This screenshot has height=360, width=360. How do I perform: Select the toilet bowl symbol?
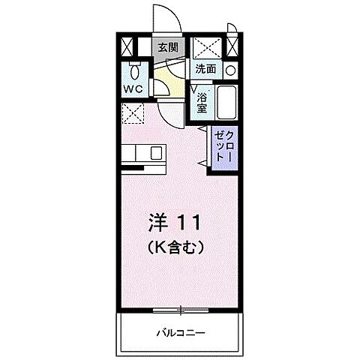coord(133,73)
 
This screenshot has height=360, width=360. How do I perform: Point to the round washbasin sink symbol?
coord(231,70)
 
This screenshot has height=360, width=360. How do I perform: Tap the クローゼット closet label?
coord(223,147)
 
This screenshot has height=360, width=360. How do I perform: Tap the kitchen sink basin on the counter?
coord(157,153)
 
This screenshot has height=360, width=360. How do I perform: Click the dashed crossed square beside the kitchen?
coord(133,113)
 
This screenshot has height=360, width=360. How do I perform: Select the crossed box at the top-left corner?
coord(127,46)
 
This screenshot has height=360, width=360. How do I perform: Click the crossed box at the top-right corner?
coord(232,46)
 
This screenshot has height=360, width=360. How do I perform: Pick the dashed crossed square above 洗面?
coord(205,46)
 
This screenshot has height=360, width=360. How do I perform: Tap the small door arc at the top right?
coord(233,30)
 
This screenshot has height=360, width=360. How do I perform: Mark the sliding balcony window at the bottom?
coord(180,309)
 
